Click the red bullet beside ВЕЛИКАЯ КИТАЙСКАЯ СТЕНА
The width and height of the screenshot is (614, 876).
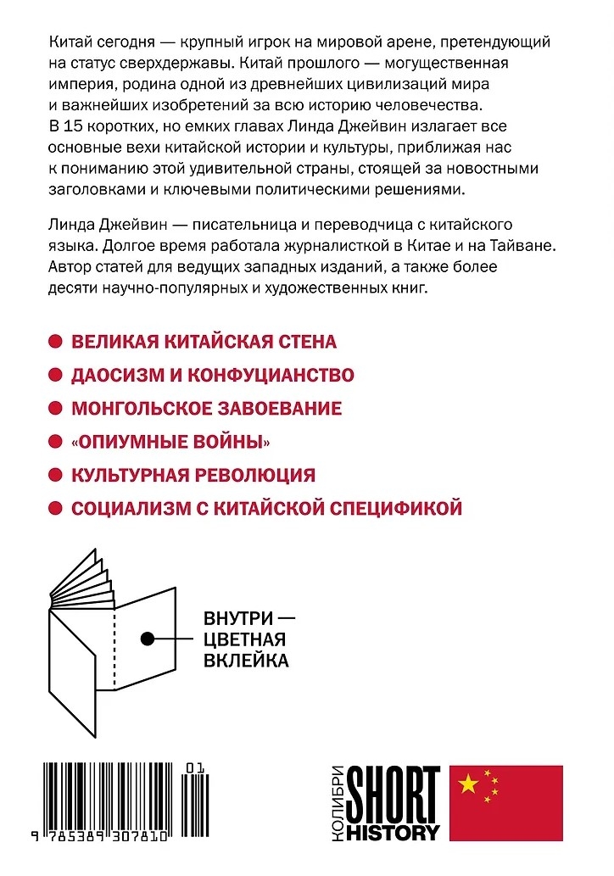tap(55, 342)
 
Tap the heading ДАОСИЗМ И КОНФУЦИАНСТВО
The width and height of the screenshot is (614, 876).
tap(212, 375)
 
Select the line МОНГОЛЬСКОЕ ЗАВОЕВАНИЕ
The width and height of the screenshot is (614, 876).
tap(206, 408)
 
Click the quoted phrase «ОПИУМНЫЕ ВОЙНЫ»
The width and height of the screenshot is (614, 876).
tap(176, 441)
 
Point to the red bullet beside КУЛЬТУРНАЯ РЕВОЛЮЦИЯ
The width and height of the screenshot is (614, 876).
tap(55, 475)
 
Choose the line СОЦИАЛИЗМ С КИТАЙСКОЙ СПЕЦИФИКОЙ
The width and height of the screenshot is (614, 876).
tap(266, 508)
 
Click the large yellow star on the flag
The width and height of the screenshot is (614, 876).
tap(469, 784)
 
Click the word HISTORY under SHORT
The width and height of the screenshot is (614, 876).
tap(394, 830)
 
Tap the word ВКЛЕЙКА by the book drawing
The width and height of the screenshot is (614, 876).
tap(246, 660)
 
